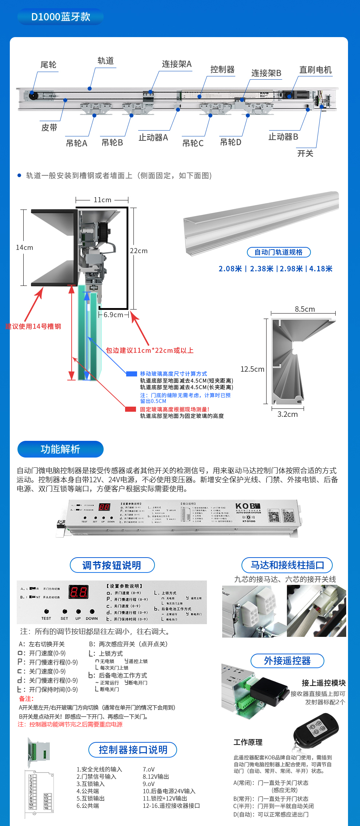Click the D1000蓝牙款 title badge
click(x=60, y=17)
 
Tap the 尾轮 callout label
click(x=48, y=65)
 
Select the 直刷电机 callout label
click(x=315, y=70)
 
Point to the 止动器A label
click(x=153, y=137)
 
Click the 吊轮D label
click(x=231, y=142)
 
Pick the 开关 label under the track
click(x=305, y=153)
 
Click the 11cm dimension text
click(x=103, y=200)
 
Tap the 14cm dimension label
click(x=24, y=247)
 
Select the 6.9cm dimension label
click(x=113, y=315)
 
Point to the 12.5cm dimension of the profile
click(x=252, y=369)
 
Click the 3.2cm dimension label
click(x=287, y=414)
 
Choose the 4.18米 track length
click(x=321, y=269)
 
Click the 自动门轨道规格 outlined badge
click(x=279, y=252)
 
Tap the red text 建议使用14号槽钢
click(x=33, y=326)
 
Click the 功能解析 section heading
click(x=60, y=449)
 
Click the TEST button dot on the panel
click(x=46, y=611)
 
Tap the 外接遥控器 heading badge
click(x=287, y=661)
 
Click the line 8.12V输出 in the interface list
click(x=156, y=777)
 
